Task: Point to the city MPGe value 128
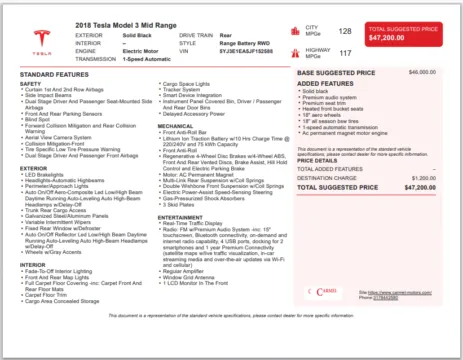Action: pos(345,32)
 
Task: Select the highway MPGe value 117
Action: pos(345,53)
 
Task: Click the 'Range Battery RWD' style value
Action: pos(246,42)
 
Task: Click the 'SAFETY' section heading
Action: pos(31,83)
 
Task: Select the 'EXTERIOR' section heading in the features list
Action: pos(34,168)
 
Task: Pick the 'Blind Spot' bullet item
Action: pos(42,117)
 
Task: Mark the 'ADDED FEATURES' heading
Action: pos(326,83)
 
